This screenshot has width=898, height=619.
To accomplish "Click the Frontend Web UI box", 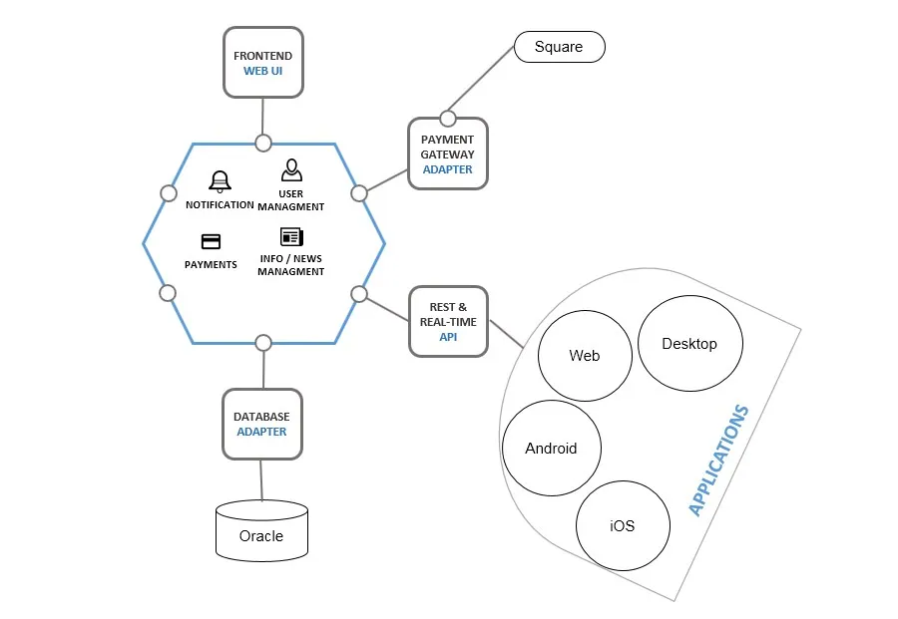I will pyautogui.click(x=262, y=62).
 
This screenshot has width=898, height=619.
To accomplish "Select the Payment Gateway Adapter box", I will pyautogui.click(x=447, y=154).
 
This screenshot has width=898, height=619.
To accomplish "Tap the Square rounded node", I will pyautogui.click(x=559, y=47).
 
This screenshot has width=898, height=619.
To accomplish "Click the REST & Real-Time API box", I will pyautogui.click(x=448, y=321).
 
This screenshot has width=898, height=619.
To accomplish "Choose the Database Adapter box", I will pyautogui.click(x=261, y=424).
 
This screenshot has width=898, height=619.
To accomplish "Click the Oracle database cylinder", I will pyautogui.click(x=261, y=531).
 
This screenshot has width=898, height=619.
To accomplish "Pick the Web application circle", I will pyautogui.click(x=584, y=355).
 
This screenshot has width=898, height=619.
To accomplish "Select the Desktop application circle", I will pyautogui.click(x=689, y=343).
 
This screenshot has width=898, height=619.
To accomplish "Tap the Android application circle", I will pyautogui.click(x=551, y=448).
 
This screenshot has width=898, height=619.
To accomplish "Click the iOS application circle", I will pyautogui.click(x=623, y=525).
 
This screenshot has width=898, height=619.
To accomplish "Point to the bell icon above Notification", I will pyautogui.click(x=220, y=181).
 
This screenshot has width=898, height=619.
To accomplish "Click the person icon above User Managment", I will pyautogui.click(x=290, y=169).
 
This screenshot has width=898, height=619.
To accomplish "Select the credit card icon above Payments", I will pyautogui.click(x=211, y=241).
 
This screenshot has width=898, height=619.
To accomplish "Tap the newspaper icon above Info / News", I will pyautogui.click(x=291, y=237).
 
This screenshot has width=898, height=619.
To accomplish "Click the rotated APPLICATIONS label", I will pyautogui.click(x=717, y=461).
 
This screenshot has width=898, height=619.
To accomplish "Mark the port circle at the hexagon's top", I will pyautogui.click(x=262, y=143).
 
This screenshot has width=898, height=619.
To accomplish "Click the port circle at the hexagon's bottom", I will pyautogui.click(x=262, y=343).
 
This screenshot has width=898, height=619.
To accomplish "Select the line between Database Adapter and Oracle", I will pyautogui.click(x=261, y=479).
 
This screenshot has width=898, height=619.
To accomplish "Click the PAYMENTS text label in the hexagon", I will pyautogui.click(x=211, y=264).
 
